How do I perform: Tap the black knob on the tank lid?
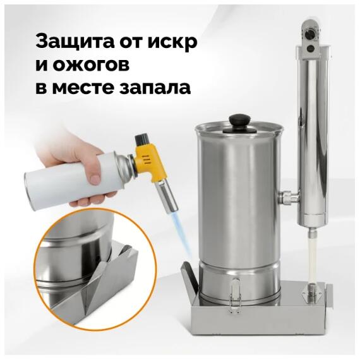pyautogui.click(x=239, y=119)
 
